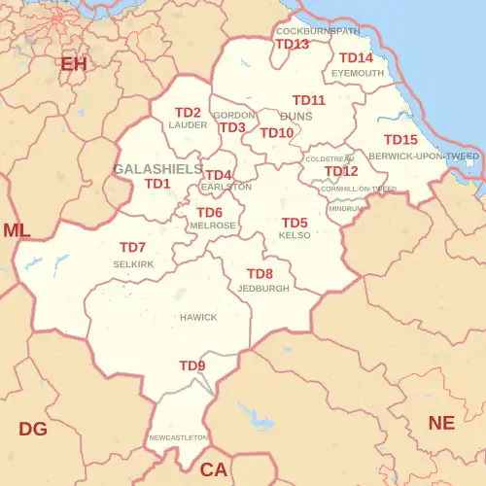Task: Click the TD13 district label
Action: (x=292, y=45)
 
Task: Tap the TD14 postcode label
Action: (x=356, y=58)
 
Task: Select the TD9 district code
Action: (x=192, y=365)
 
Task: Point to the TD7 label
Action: (x=132, y=248)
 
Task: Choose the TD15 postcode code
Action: (x=400, y=140)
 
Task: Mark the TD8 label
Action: (x=260, y=274)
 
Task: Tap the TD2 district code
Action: (x=188, y=113)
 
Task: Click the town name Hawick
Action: (x=198, y=318)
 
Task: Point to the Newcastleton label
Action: (x=179, y=438)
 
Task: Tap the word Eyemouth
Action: (x=358, y=73)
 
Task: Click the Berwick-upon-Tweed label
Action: (x=424, y=156)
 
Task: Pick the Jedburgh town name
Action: (x=263, y=289)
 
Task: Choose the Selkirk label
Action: (x=133, y=263)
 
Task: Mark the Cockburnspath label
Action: (x=318, y=31)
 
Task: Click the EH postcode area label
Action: (x=74, y=64)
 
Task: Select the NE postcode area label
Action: (x=442, y=423)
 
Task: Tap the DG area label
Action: (x=33, y=429)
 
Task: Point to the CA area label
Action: (x=213, y=469)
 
